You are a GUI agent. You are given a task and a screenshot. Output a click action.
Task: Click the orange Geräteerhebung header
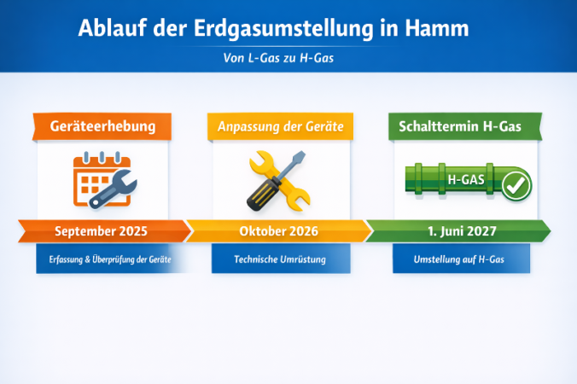(x=103, y=126)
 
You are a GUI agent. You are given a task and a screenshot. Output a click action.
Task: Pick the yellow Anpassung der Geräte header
(x=280, y=126)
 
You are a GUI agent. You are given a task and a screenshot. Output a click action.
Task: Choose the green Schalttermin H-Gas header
(x=461, y=126)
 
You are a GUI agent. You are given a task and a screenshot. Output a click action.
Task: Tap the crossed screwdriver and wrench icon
(x=277, y=180)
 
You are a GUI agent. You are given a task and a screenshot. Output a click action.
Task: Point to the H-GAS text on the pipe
(x=466, y=180)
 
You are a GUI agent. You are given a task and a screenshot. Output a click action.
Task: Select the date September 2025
(x=101, y=231)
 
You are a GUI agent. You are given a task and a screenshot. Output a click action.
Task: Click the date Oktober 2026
(x=280, y=231)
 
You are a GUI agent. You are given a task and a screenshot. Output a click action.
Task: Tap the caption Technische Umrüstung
(x=280, y=259)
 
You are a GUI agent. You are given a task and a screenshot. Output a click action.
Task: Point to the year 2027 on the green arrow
(x=482, y=231)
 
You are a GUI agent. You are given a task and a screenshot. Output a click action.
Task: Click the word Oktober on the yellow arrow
(x=262, y=231)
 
